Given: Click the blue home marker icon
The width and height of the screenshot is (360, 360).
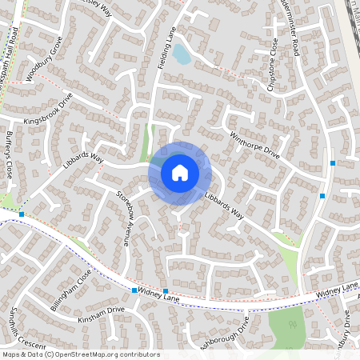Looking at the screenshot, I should tap(179, 172).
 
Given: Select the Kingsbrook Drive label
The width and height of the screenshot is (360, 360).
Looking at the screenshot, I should tap(49, 109).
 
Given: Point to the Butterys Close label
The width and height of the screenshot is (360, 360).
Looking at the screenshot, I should tap(10, 155).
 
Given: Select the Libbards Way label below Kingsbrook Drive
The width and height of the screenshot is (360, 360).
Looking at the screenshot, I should tap(83, 164).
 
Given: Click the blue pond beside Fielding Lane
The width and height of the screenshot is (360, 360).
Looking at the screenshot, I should tap(182, 54).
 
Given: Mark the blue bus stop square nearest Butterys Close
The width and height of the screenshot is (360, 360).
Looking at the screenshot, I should tap(22, 214).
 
